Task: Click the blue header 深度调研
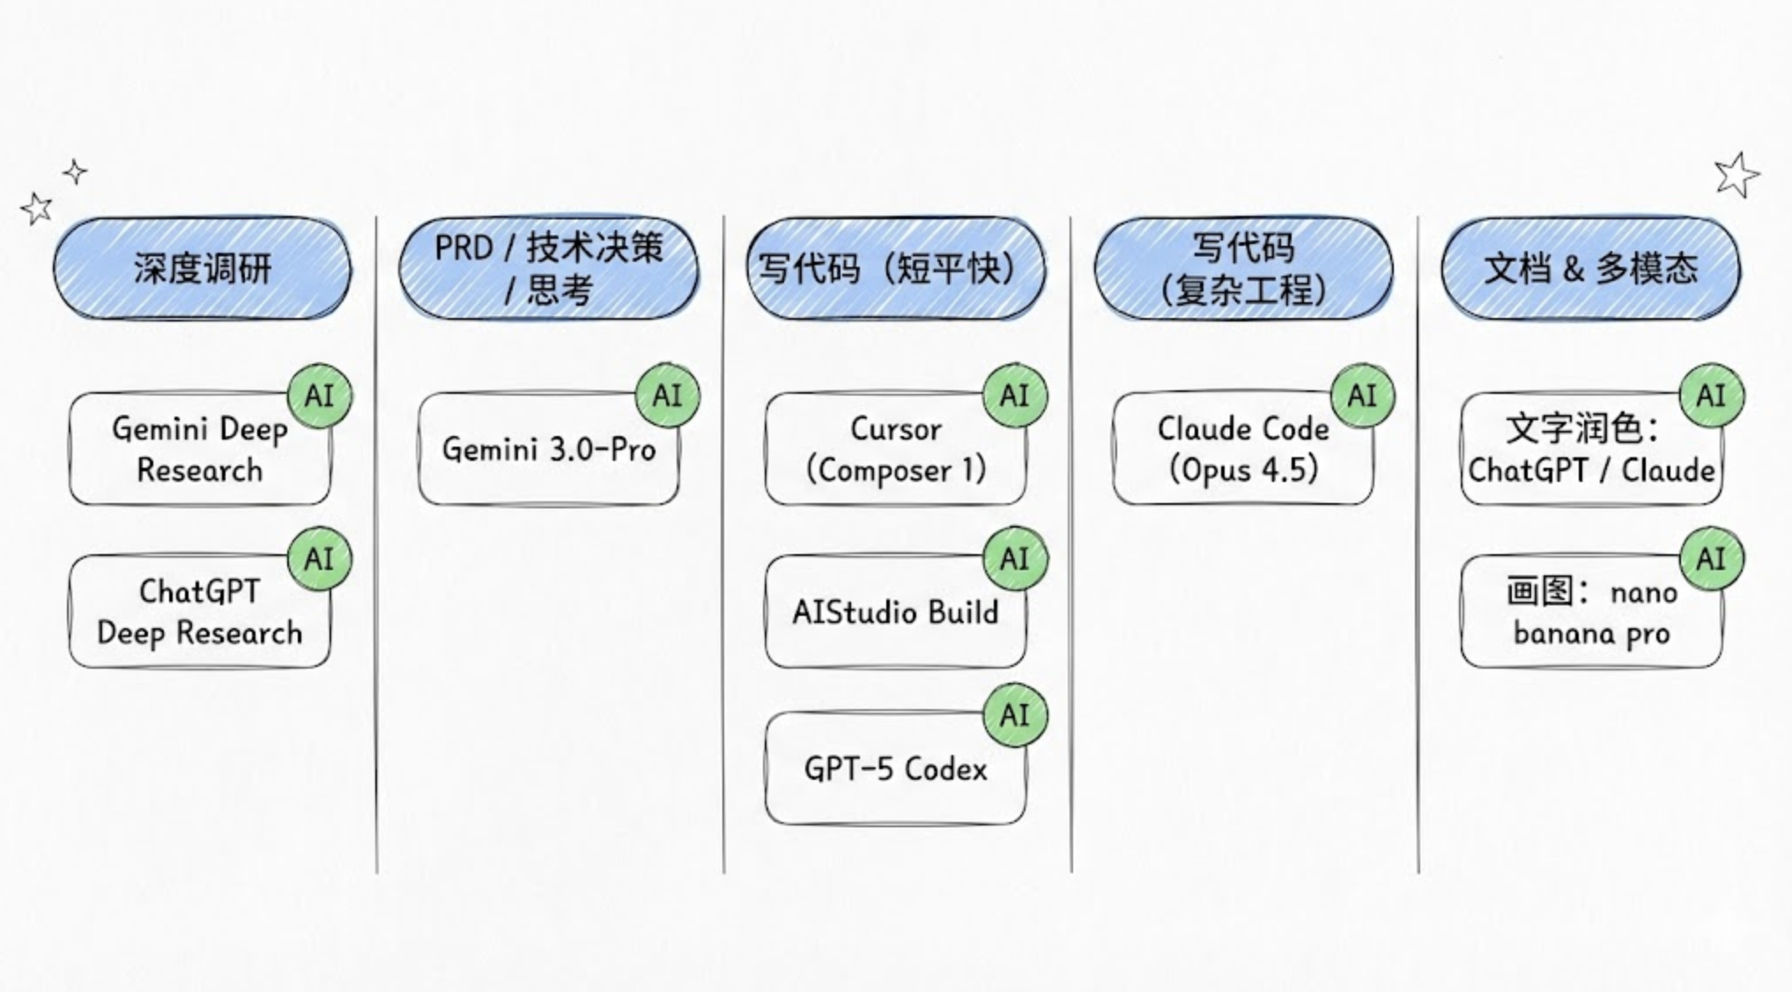(x=202, y=268)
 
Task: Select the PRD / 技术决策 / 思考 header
(x=549, y=268)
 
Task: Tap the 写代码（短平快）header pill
(x=896, y=268)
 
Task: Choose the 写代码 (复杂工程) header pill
(x=1243, y=268)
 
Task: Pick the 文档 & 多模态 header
(x=1590, y=268)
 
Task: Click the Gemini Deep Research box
(x=200, y=449)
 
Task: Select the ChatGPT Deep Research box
(x=200, y=611)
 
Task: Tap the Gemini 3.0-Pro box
(x=548, y=449)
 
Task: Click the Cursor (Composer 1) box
(x=895, y=449)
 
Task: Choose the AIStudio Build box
(x=895, y=611)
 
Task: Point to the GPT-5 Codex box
(x=895, y=768)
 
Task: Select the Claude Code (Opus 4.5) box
(x=1242, y=449)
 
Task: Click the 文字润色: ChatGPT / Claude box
(x=1590, y=449)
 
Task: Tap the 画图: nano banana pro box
(x=1590, y=611)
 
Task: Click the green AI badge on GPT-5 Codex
(x=1015, y=714)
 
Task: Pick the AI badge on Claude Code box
(x=1362, y=396)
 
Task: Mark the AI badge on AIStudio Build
(x=1015, y=559)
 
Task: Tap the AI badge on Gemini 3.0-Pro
(x=668, y=396)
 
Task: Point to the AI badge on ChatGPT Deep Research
(x=319, y=559)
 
